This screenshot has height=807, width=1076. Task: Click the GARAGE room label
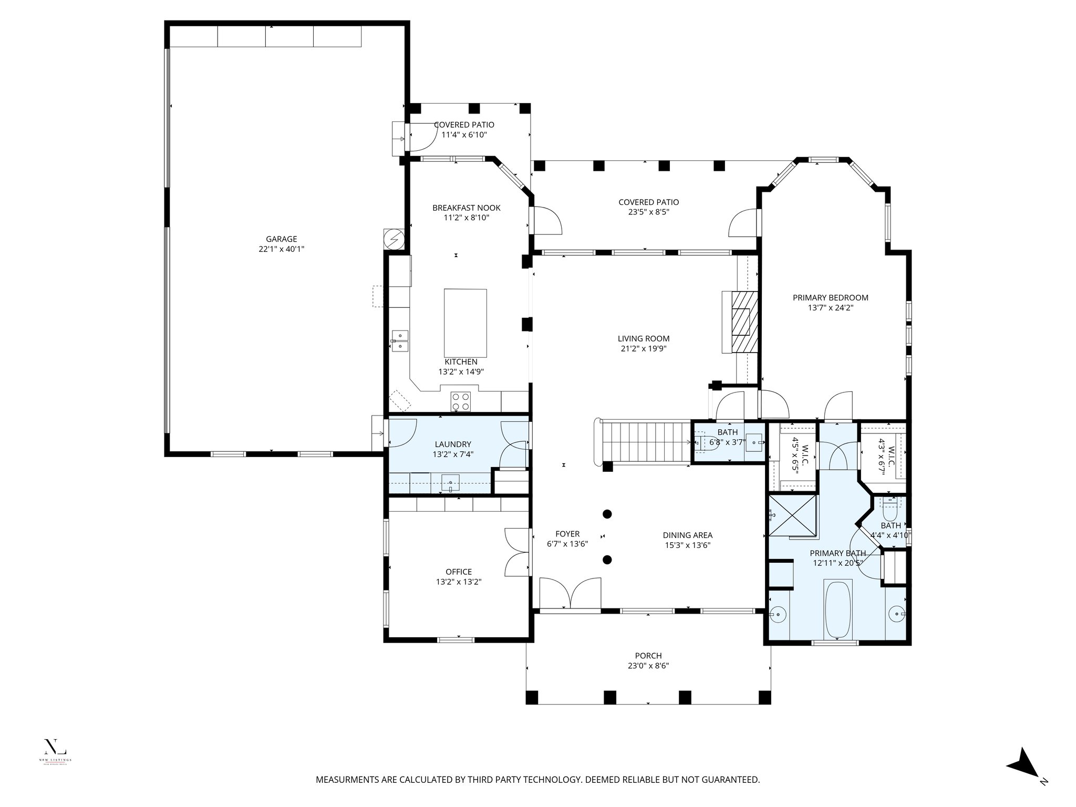[281, 239]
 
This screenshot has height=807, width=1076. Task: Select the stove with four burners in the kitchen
[461, 402]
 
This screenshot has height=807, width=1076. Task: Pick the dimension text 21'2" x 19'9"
[644, 348]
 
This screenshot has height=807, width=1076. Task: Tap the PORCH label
[648, 656]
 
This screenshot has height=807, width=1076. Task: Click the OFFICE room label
[458, 572]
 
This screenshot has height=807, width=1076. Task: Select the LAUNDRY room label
[453, 444]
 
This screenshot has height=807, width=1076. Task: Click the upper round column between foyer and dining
[607, 514]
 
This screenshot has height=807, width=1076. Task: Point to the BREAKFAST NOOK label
[466, 208]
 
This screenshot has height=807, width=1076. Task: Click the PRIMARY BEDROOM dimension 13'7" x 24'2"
[830, 308]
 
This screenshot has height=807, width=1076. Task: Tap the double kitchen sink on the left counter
[400, 340]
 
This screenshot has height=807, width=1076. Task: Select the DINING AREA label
[687, 535]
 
